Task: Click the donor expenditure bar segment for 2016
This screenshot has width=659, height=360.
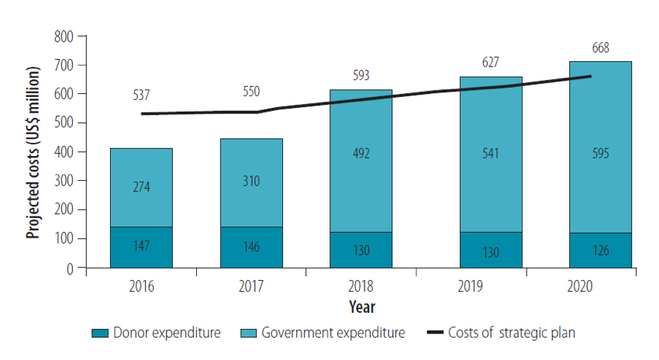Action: [141, 247]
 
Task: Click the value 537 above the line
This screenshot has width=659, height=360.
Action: [141, 95]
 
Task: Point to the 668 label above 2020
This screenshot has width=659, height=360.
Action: [599, 47]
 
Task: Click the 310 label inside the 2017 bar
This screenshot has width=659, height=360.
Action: [251, 181]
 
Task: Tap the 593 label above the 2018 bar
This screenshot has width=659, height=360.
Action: [361, 76]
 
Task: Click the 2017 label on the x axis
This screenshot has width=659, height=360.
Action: [251, 286]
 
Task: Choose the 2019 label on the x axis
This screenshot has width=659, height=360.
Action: [471, 286]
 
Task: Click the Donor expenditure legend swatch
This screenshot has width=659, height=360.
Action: [99, 334]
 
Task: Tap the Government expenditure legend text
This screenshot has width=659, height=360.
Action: [333, 334]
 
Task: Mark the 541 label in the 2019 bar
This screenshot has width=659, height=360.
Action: [490, 152]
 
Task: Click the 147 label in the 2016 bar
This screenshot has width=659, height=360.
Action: [141, 247]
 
